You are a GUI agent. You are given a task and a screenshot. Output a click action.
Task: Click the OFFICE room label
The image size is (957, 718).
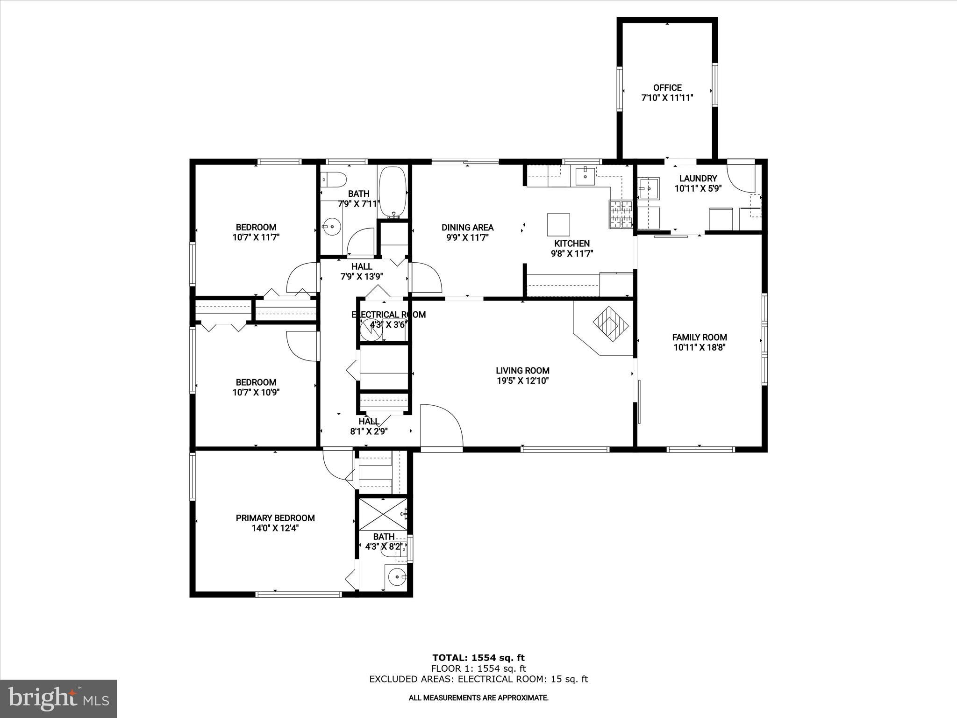point(667,88)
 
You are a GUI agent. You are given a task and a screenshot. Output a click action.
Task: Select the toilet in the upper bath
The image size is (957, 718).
point(334,179)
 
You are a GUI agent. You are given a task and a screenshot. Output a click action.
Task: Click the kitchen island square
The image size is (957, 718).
point(558,224)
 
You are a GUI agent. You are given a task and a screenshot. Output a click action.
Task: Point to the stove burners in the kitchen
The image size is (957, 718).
point(620,214)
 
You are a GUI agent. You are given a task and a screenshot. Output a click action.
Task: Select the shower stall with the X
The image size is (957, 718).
point(382,514)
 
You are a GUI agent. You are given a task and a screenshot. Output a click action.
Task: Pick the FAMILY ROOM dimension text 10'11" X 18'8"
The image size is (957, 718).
point(700,347)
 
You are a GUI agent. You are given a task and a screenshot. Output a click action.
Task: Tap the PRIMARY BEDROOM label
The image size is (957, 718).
point(275,518)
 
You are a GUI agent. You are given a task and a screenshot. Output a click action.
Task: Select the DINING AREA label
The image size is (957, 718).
point(467,228)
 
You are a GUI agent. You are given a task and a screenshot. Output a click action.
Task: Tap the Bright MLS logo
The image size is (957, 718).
point(58,699)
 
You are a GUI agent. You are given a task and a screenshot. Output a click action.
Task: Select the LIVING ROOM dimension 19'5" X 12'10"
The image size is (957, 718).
point(522,381)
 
